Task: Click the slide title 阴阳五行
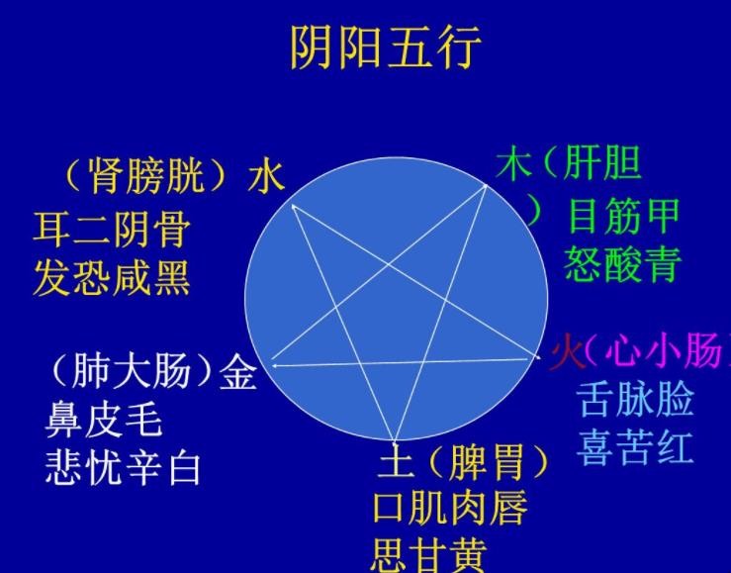tap(386, 48)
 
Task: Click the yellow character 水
tap(266, 176)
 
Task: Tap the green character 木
tap(514, 164)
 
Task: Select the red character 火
tap(567, 352)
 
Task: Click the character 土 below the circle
tap(396, 460)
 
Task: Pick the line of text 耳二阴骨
tap(112, 230)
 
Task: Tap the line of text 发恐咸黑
tap(112, 278)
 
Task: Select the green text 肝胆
tap(601, 164)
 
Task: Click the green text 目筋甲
tap(624, 216)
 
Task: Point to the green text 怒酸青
tap(624, 264)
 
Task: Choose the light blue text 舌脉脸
tap(636, 399)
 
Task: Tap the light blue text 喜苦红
tap(636, 447)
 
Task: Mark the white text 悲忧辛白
tap(123, 468)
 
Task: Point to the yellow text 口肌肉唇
tap(450, 509)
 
